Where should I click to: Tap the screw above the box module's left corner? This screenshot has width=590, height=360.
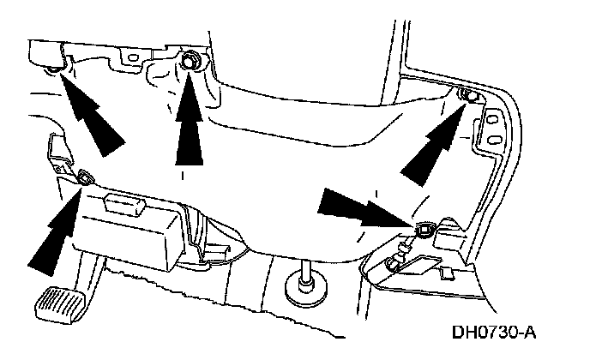pyautogui.click(x=86, y=177)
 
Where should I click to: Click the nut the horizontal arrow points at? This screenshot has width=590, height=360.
pyautogui.click(x=423, y=229)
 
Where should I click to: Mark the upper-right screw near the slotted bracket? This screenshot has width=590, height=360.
pyautogui.click(x=468, y=94)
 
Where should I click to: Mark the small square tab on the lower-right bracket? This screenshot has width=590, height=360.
pyautogui.click(x=446, y=273)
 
